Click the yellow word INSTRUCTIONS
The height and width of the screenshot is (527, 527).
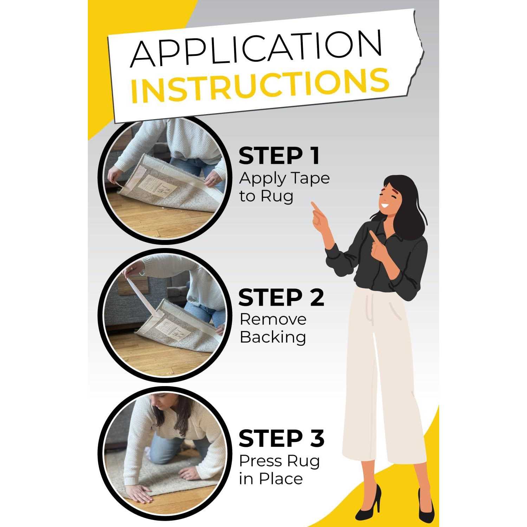(260, 85)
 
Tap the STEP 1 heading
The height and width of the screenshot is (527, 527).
(279, 156)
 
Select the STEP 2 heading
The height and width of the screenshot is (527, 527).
(281, 298)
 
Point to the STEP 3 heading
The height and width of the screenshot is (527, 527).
(281, 438)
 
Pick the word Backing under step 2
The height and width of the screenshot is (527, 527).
(273, 337)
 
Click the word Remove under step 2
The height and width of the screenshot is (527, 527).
(273, 319)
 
